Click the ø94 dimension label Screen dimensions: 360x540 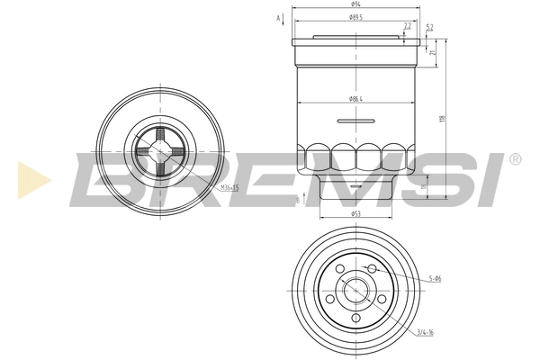[x=356, y=5]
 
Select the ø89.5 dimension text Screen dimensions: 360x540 [x=355, y=16]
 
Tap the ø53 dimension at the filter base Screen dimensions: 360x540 [x=356, y=215]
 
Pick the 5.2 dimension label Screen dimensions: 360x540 [x=429, y=28]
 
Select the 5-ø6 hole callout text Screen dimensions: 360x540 [x=435, y=279]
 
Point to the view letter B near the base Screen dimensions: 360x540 [x=296, y=199]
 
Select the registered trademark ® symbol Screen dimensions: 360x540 [x=515, y=158]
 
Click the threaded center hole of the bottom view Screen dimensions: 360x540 [x=356, y=292]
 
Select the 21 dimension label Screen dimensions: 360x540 [x=433, y=53]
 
